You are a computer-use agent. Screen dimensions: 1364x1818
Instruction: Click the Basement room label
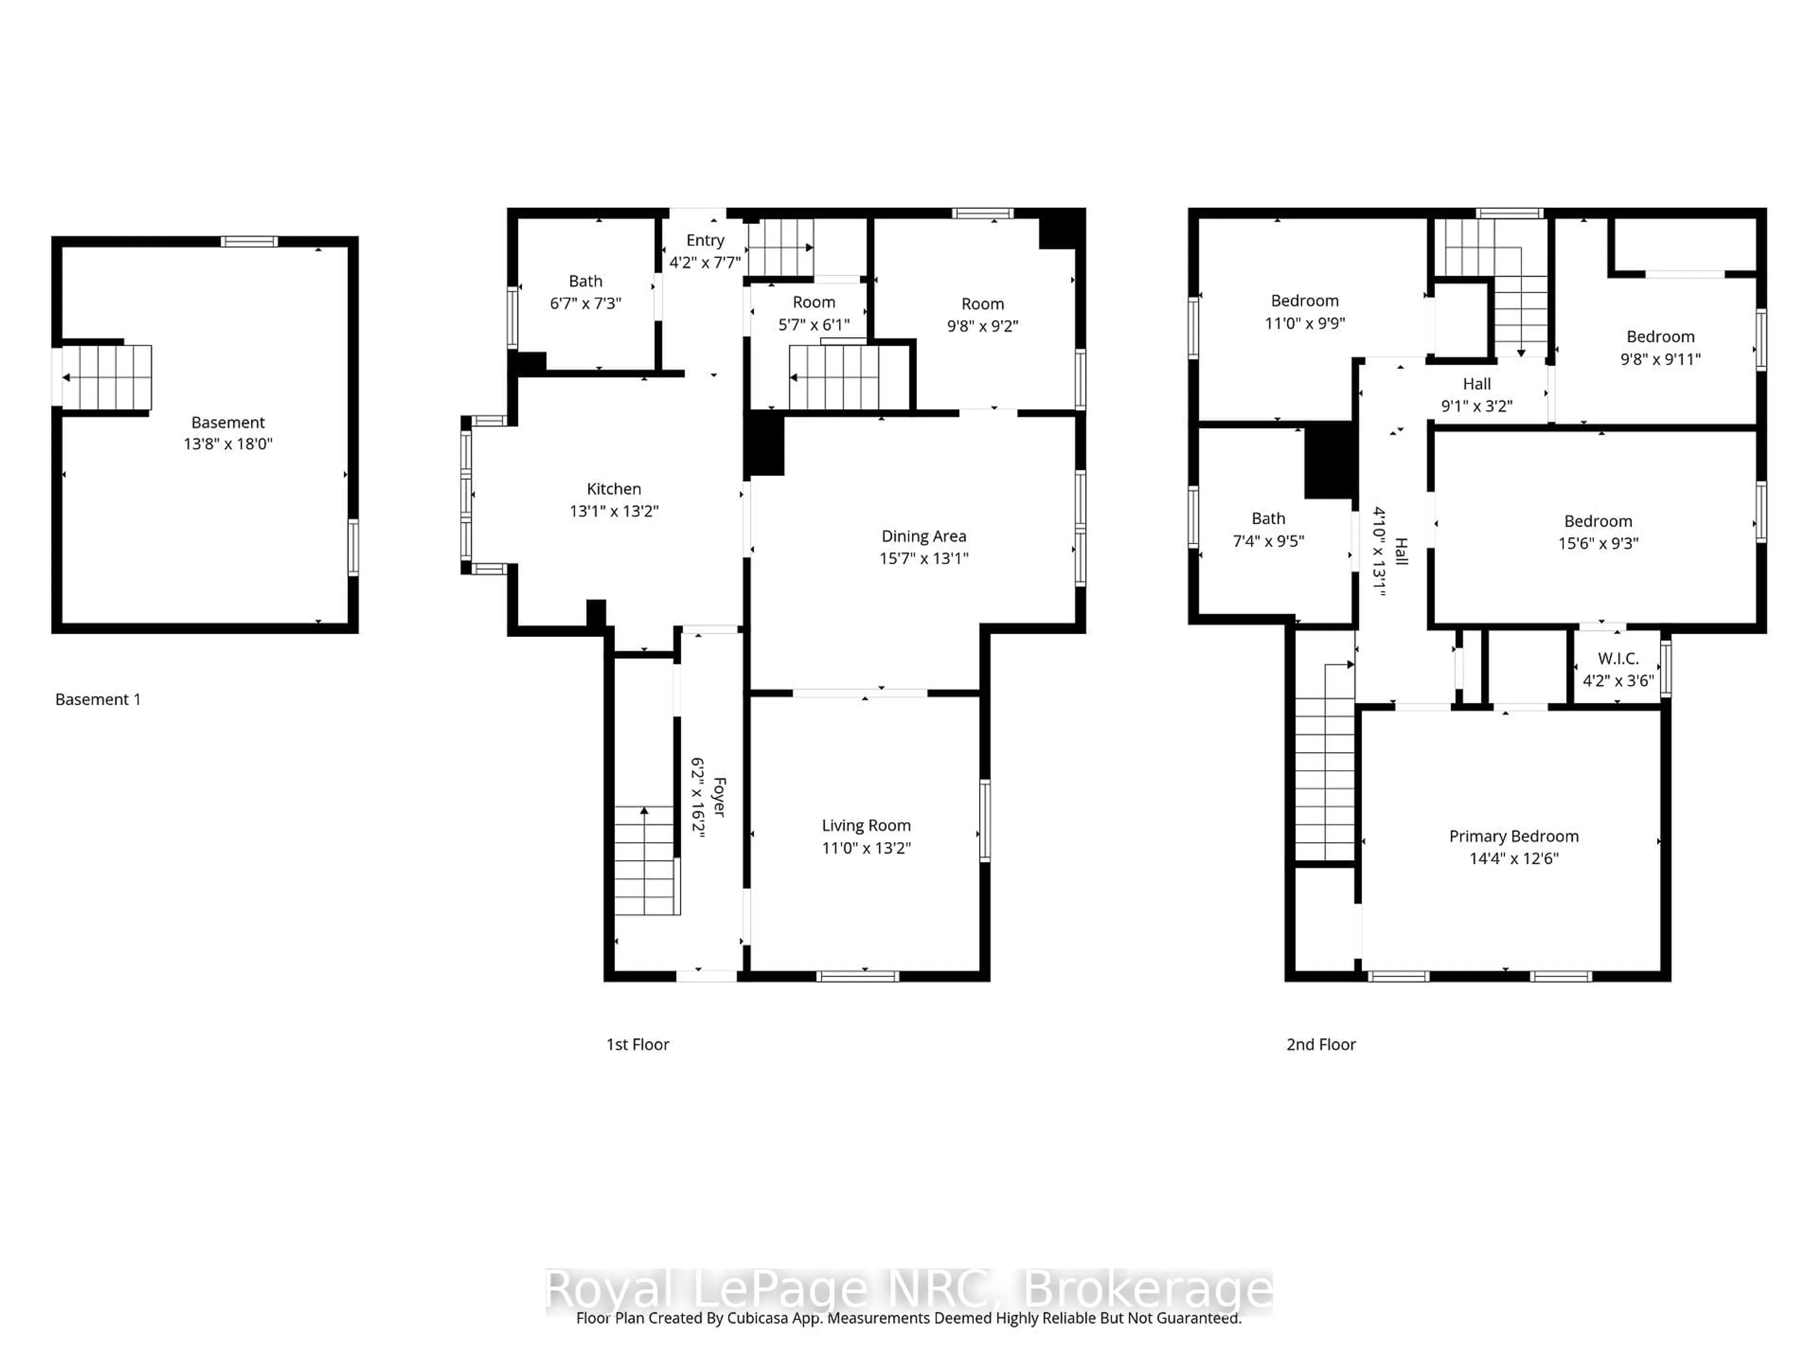tap(228, 422)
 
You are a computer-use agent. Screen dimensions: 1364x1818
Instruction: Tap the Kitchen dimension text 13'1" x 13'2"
tap(614, 511)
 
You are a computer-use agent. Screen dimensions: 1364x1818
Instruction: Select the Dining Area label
tap(924, 536)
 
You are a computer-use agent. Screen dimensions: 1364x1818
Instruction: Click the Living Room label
tap(866, 826)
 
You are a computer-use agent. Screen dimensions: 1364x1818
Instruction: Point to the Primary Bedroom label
tap(1513, 836)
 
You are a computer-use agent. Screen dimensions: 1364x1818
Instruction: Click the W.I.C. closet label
tap(1617, 659)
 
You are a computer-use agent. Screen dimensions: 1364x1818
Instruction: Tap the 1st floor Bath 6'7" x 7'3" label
tap(585, 292)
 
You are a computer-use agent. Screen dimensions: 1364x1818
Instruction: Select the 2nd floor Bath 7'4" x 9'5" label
tap(1268, 529)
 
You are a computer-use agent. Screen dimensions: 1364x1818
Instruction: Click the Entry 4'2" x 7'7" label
tap(705, 251)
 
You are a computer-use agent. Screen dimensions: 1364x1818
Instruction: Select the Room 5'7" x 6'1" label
tap(814, 313)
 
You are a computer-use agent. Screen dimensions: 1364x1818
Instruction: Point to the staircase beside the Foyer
tap(646, 861)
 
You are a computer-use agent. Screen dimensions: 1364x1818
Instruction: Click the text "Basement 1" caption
tap(98, 700)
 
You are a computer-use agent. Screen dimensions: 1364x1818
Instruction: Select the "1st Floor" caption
tap(638, 1044)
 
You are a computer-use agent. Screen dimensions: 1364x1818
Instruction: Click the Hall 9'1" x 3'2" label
tap(1476, 395)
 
